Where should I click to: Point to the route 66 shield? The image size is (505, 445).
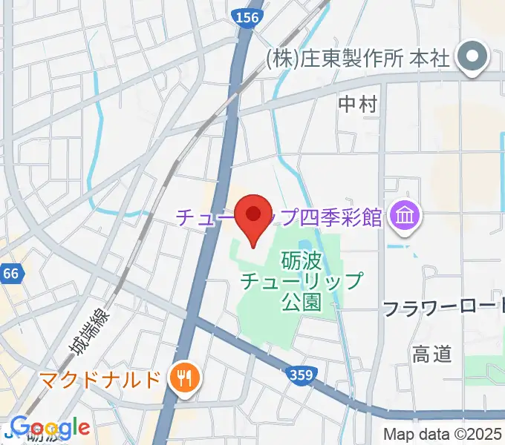click(10, 274)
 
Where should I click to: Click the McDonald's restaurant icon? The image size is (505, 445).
click(182, 380)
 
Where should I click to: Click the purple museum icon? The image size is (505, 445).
click(407, 217)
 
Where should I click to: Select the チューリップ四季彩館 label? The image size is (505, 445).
click(278, 217)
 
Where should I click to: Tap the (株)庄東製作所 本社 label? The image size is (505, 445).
click(358, 59)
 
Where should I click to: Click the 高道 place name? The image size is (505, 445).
click(432, 355)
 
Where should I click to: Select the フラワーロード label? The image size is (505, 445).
click(443, 309)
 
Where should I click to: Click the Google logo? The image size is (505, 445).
click(49, 428)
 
